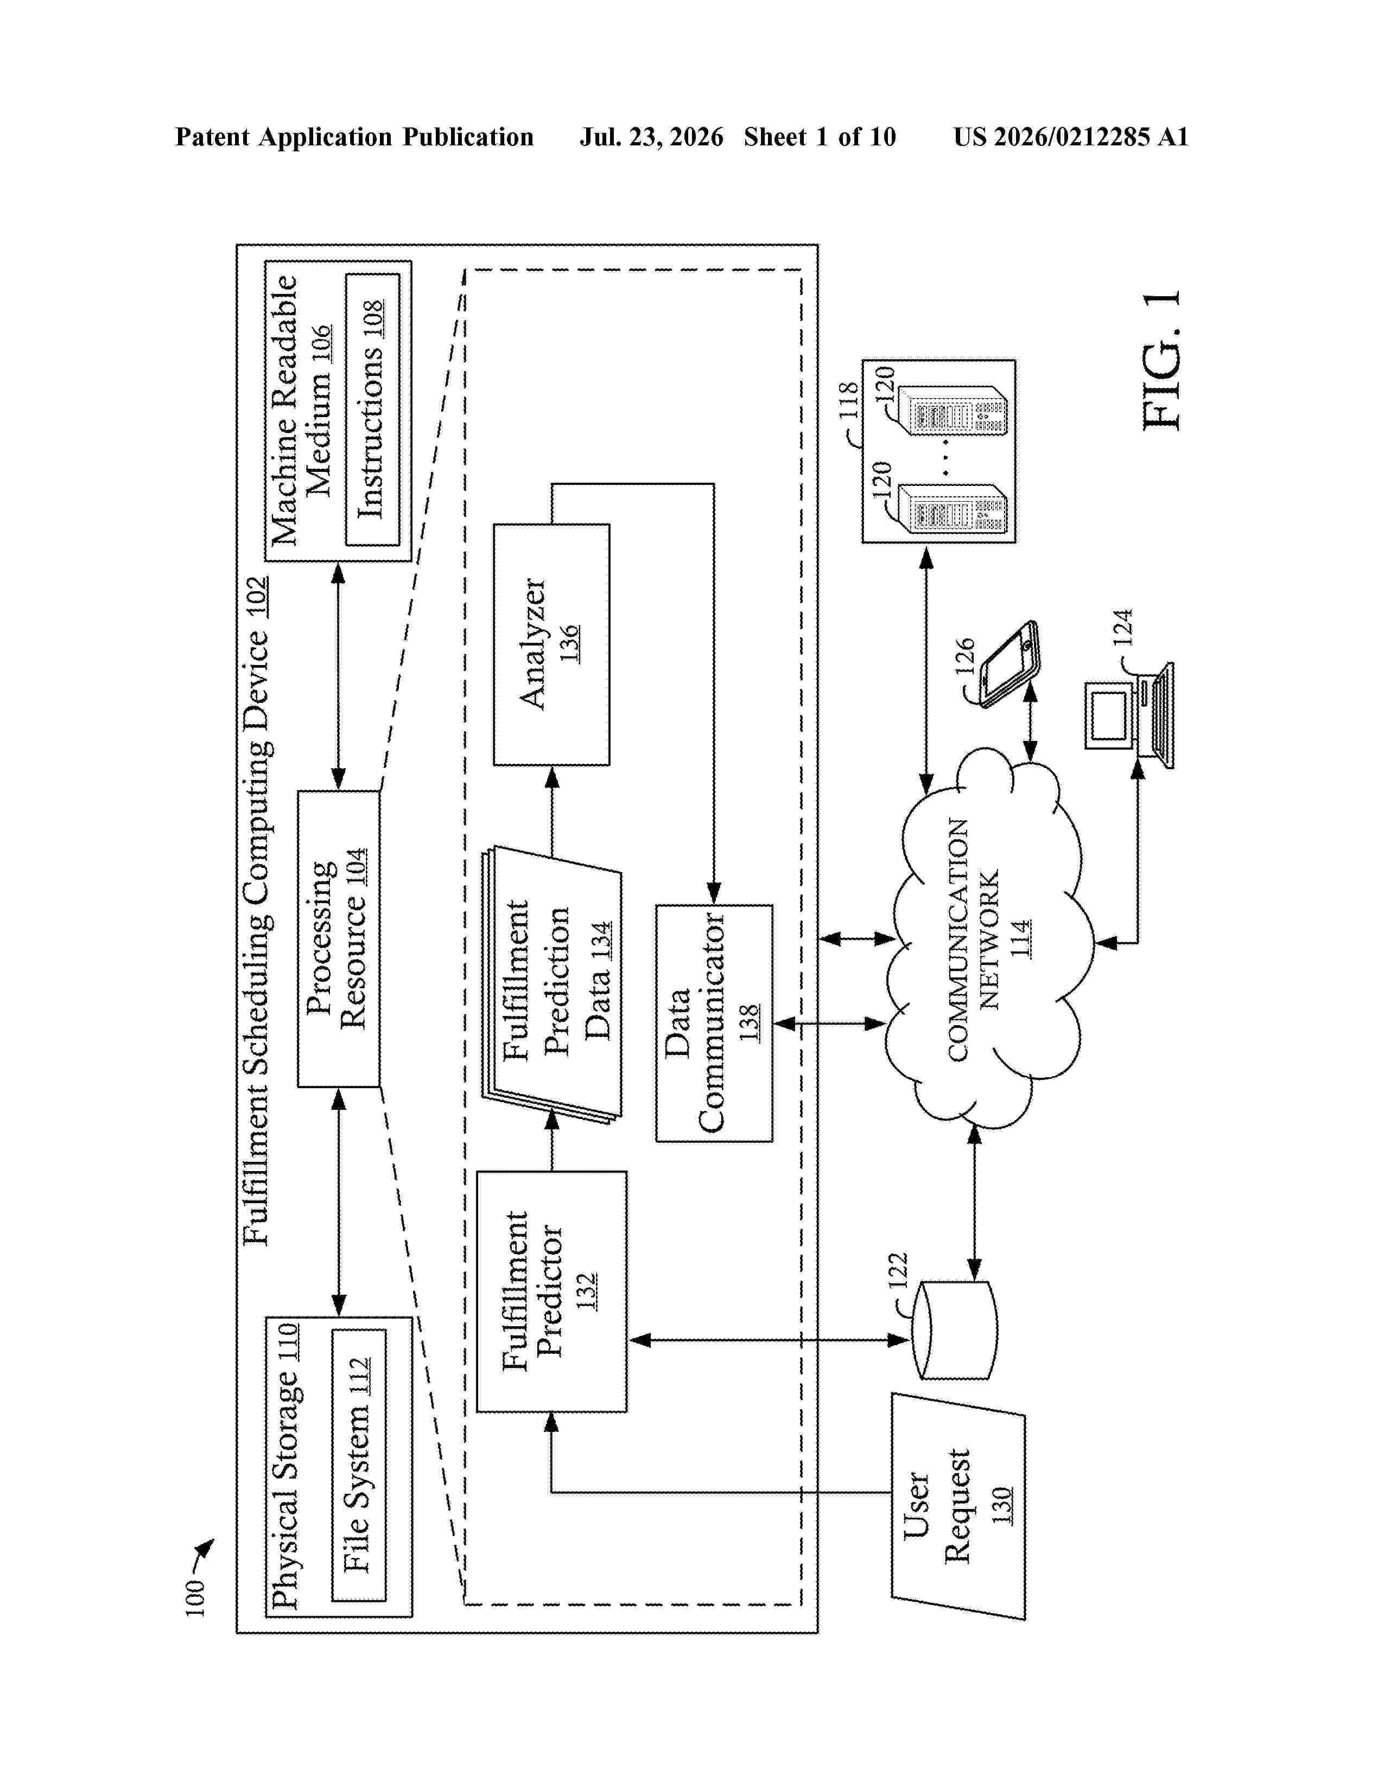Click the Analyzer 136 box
551,644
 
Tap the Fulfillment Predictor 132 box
551,1291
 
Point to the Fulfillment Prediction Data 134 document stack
551,983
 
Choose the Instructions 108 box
372,409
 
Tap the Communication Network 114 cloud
988,938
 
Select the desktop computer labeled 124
1129,714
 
